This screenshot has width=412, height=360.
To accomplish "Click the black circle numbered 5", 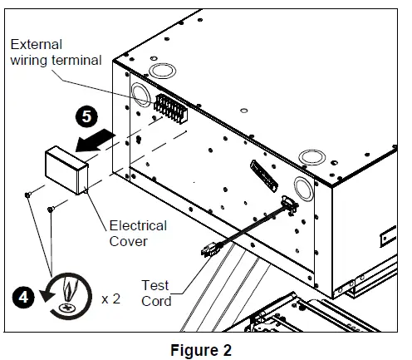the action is point(86,116).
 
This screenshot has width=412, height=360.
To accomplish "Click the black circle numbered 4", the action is point(23,298).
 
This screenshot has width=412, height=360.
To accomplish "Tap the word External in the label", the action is point(36,44).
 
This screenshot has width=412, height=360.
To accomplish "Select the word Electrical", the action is point(138,225).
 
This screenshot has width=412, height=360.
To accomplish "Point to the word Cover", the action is point(128,241).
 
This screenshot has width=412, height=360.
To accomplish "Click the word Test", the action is point(155,285).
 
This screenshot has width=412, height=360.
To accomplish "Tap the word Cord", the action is point(156,301).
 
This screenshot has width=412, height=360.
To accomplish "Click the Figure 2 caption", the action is point(201,350).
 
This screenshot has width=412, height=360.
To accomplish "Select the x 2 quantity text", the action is point(110,299).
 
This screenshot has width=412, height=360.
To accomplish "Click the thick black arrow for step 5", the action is point(95,141).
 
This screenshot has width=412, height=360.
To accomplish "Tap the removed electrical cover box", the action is point(66,170).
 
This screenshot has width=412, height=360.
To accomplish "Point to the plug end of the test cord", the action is point(211,249).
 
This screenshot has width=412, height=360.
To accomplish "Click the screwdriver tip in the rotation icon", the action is point(68,289).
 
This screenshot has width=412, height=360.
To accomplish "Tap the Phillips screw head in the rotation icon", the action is point(66,308).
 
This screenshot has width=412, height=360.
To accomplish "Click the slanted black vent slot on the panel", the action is point(264,175).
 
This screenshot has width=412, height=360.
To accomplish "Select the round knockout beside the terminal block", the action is point(140,94).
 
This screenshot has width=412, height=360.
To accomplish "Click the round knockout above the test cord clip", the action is point(303,189).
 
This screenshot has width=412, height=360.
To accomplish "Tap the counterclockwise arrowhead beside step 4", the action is point(47,295).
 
